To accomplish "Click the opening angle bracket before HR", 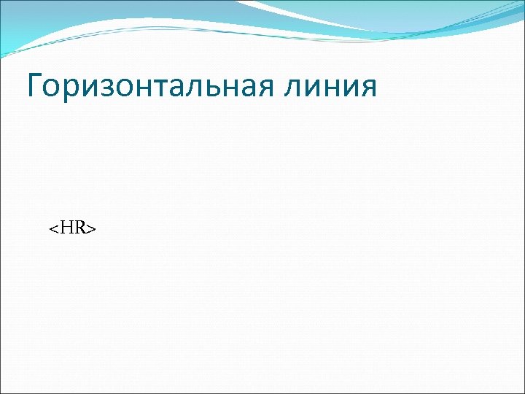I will click(53, 230).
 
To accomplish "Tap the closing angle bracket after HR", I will click(92, 230).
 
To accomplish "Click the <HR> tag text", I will click(73, 228).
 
